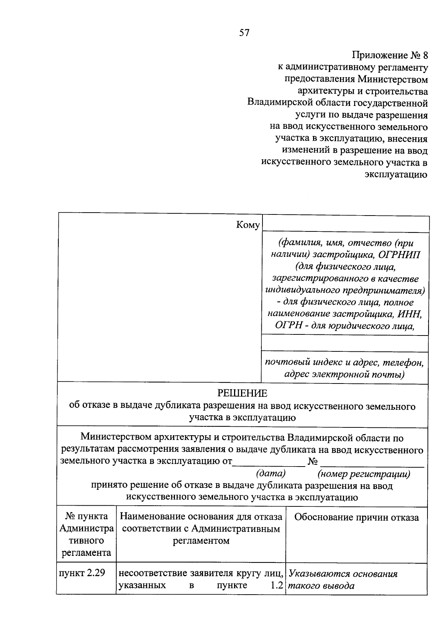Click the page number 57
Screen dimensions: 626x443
tap(244, 33)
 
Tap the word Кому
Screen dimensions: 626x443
tap(248, 225)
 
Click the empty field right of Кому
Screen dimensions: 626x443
tap(345, 224)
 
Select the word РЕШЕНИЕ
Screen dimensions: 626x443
tap(242, 393)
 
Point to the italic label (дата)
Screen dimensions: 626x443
tap(271, 473)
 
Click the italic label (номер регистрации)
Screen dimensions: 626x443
tap(364, 474)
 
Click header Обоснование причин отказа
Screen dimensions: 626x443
tap(356, 517)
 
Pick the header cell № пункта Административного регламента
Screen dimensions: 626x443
tap(86, 534)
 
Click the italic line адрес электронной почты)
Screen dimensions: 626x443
tap(344, 374)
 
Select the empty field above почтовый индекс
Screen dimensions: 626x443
tap(344, 343)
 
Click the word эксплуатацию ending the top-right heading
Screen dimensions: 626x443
tap(396, 174)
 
